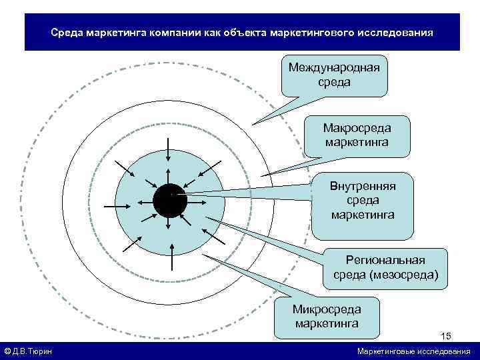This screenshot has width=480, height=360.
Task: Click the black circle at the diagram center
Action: pyautogui.click(x=169, y=201)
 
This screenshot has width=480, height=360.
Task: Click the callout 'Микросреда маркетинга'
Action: pyautogui.click(x=327, y=317)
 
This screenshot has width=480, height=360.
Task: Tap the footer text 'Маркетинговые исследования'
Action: pyautogui.click(x=413, y=351)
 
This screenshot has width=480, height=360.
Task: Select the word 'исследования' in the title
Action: pyautogui.click(x=399, y=32)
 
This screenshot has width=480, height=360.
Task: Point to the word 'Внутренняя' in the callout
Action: pyautogui.click(x=363, y=186)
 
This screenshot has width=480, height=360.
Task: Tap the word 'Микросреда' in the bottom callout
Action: pyautogui.click(x=327, y=309)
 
